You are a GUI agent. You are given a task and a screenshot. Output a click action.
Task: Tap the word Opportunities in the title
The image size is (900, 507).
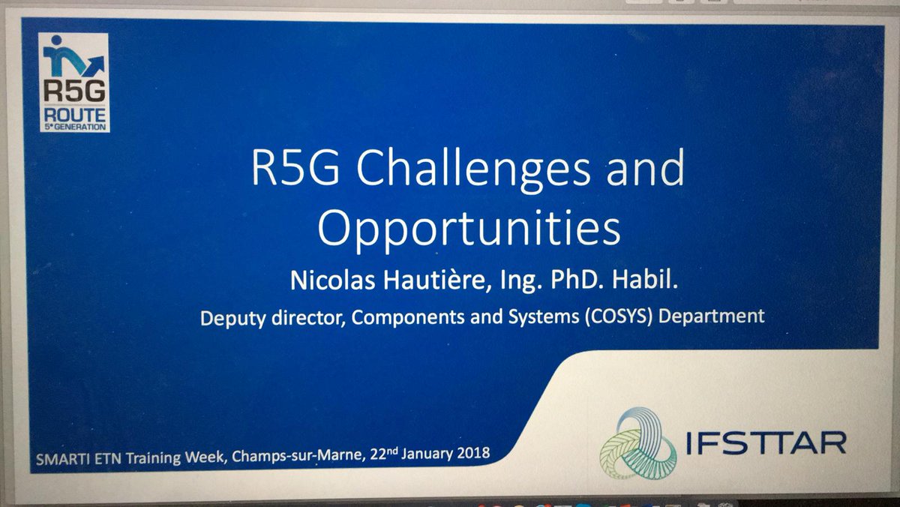pyautogui.click(x=469, y=229)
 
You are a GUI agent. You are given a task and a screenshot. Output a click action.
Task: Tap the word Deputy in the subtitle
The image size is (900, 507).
pyautogui.click(x=232, y=319)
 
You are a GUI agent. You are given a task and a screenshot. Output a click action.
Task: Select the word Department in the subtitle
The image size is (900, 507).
pyautogui.click(x=712, y=316)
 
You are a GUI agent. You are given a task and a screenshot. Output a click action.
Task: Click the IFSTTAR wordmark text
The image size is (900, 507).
pyautogui.click(x=766, y=442)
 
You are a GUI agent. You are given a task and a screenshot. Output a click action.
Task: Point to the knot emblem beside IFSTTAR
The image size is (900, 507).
pyautogui.click(x=638, y=443)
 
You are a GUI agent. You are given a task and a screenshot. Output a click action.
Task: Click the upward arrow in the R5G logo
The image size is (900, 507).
pyautogui.click(x=93, y=65)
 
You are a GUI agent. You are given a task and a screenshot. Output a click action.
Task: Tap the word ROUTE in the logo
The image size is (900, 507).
pyautogui.click(x=75, y=115)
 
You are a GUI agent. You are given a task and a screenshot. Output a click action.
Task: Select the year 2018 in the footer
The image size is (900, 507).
pyautogui.click(x=473, y=453)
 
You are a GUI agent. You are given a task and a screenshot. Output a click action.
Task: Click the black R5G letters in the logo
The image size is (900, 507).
pyautogui.click(x=75, y=91)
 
